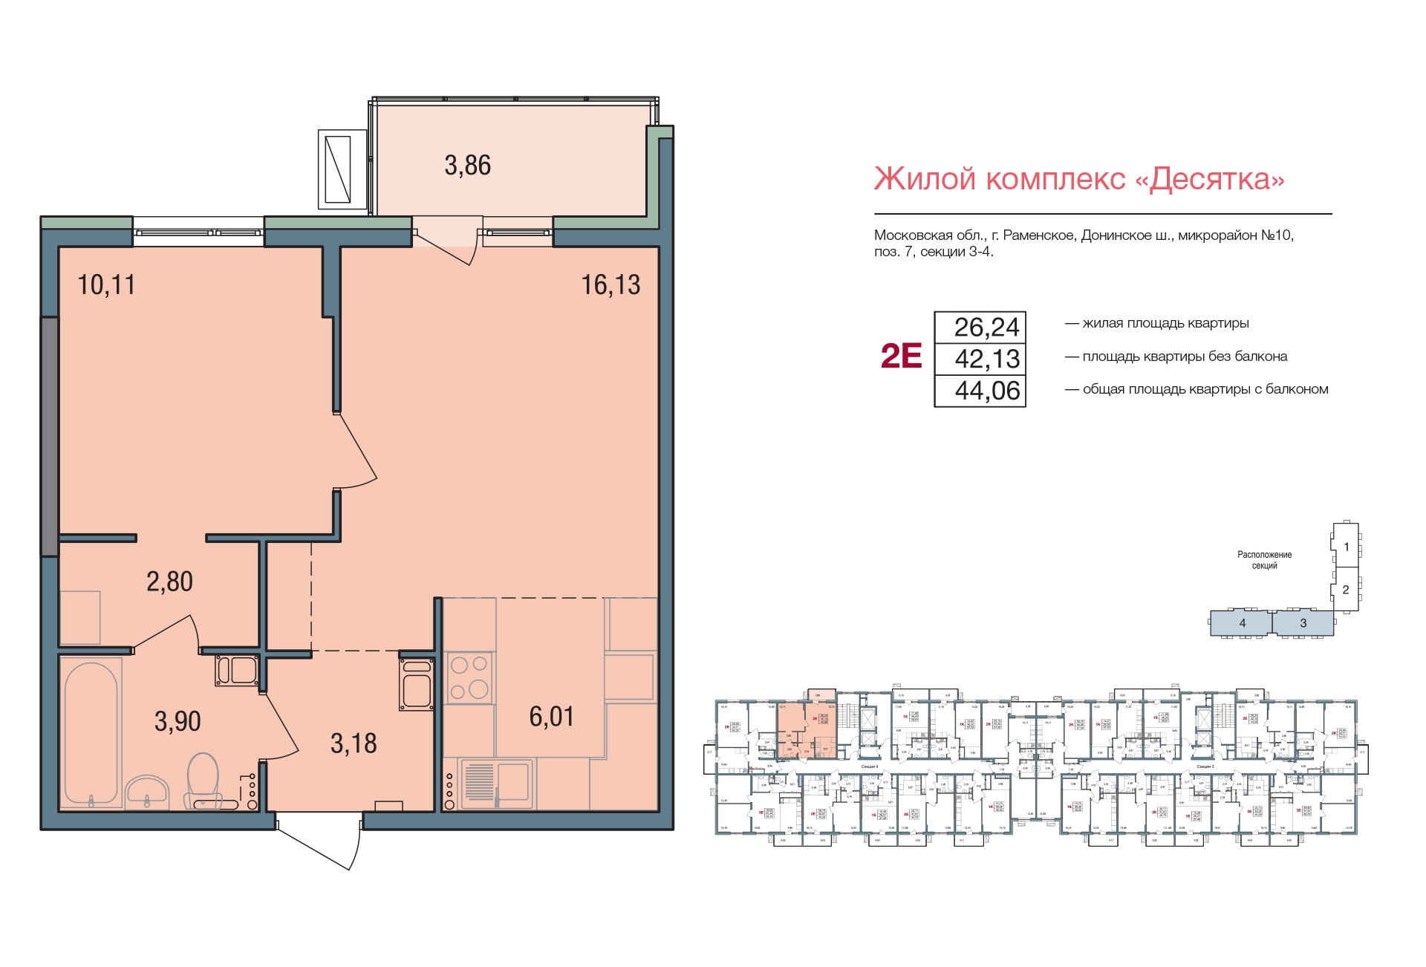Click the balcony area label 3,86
pos(467,166)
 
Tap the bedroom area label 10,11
pos(106,285)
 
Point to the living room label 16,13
pos(610,285)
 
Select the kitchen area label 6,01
pos(551,717)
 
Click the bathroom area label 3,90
pos(178,721)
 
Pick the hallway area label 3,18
pos(354,743)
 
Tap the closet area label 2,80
pos(169,582)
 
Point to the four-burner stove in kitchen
pos(469,677)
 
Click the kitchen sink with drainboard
pos(496,783)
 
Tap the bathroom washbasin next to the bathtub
pos(147,792)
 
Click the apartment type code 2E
pos(901,356)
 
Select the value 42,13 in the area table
pos(987,359)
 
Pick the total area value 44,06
pos(987,391)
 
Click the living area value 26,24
pos(987,328)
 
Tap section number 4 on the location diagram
pos(1242,623)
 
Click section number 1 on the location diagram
pos(1346,547)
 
